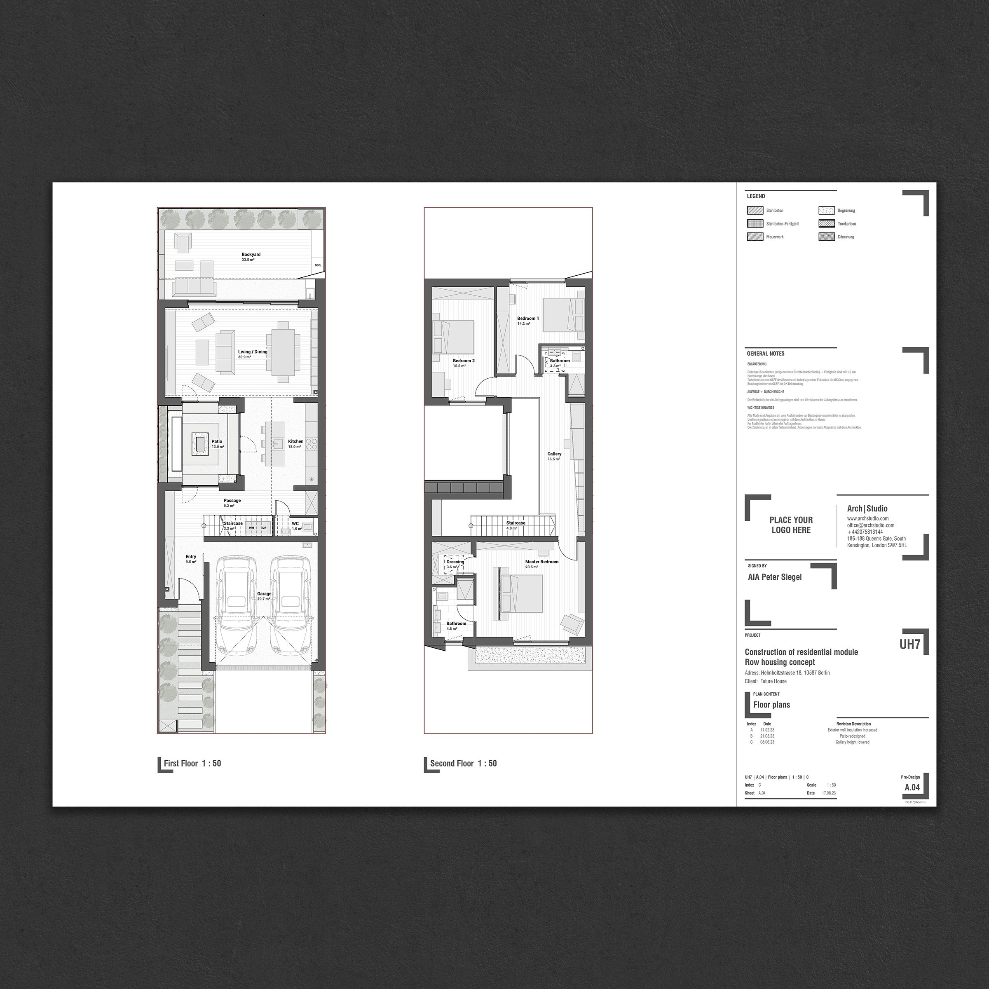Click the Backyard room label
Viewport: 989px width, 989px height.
point(251,254)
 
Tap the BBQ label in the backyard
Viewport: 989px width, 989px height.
point(317,265)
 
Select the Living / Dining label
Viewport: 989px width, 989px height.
point(252,352)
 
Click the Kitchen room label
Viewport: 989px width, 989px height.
point(295,441)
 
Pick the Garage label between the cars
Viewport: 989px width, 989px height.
point(264,594)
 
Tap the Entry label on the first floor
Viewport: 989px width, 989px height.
point(191,556)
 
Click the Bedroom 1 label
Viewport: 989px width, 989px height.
point(528,319)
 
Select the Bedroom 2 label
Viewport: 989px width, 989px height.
point(463,361)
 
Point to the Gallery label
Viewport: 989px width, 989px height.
point(554,454)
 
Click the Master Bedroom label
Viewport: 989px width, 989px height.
point(541,562)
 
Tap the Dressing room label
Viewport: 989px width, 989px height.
point(455,562)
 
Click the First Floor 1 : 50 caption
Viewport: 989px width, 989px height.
point(192,763)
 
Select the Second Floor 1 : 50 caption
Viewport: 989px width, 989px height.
point(463,763)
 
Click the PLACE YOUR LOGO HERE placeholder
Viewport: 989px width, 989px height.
point(791,525)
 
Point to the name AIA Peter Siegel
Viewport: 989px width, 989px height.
point(775,577)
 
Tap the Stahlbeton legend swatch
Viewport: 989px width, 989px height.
point(755,211)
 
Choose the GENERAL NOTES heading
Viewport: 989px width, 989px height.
point(765,354)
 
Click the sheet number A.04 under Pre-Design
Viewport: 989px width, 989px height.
point(912,787)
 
